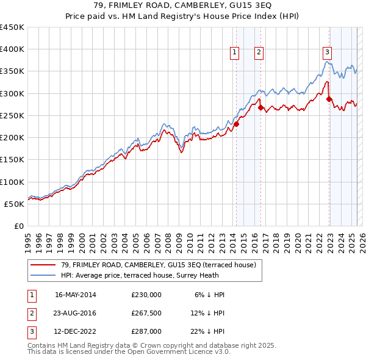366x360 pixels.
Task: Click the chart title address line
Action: [x=183, y=5]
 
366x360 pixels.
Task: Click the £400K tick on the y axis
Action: [x=12, y=49]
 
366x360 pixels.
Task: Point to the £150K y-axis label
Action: [x=12, y=159]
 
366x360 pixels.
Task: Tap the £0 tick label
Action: [x=18, y=226]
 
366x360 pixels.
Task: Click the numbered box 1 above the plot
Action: [x=234, y=53]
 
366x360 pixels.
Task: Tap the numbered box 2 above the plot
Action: [x=259, y=53]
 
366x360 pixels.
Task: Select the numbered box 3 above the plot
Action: [x=328, y=53]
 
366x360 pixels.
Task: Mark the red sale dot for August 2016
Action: [x=260, y=108]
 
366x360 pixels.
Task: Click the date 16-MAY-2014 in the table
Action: [x=75, y=295]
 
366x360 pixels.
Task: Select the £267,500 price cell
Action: [x=146, y=313]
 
